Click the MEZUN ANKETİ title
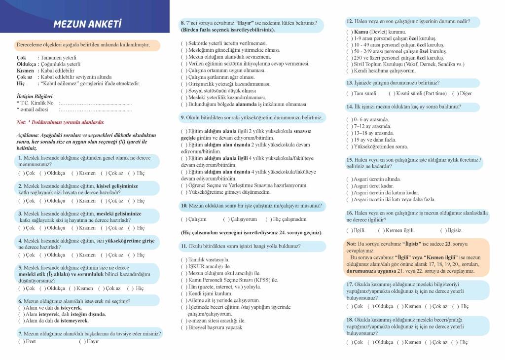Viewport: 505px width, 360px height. point(87,24)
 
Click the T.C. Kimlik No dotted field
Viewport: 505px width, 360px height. point(95,103)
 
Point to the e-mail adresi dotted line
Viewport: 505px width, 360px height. point(95,110)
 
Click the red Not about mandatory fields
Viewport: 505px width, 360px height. point(60,122)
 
